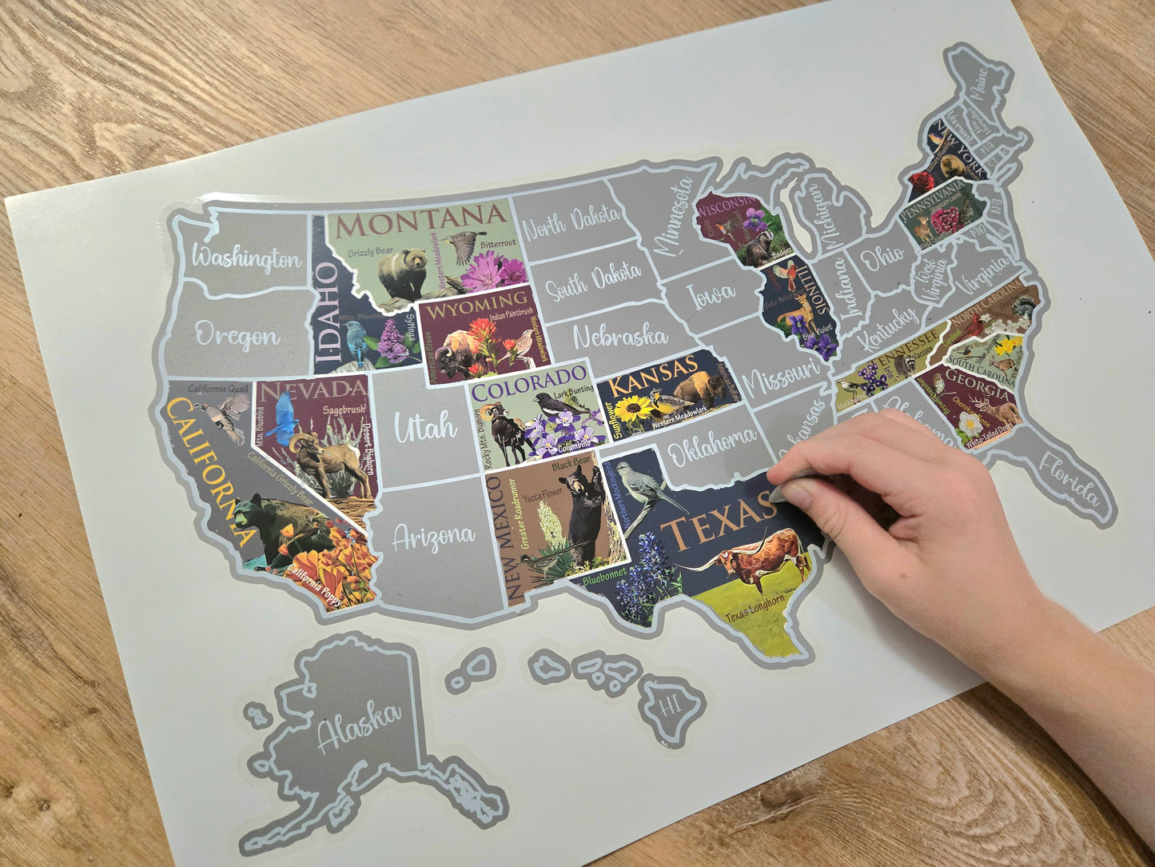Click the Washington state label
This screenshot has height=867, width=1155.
pyautogui.click(x=248, y=258)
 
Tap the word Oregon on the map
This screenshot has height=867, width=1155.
pyautogui.click(x=238, y=336)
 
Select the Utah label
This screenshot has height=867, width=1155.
pyautogui.click(x=424, y=428)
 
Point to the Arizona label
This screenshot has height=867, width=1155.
pyautogui.click(x=433, y=536)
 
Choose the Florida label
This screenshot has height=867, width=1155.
pyautogui.click(x=1070, y=482)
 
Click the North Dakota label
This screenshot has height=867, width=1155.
pyautogui.click(x=571, y=221)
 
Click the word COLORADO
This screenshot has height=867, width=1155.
pyautogui.click(x=531, y=383)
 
